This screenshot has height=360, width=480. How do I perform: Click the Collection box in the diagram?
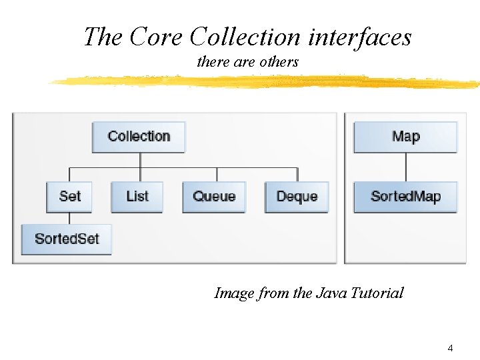coord(139,137)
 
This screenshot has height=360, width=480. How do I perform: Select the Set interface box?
coord(69,197)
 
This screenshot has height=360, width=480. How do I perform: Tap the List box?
coord(137,197)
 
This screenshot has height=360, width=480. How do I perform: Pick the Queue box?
coord(214,197)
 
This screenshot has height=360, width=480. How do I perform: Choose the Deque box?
coord(297,197)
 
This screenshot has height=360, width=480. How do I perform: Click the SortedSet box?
coord(66,239)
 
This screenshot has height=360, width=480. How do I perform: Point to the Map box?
coord(405,137)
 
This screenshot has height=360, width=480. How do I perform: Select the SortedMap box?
coord(405,197)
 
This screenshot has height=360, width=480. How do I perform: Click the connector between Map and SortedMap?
coord(405,167)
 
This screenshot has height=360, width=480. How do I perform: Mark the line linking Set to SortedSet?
coord(69,218)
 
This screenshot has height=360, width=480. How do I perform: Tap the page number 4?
coord(451,348)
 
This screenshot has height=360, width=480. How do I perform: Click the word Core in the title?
coord(157,37)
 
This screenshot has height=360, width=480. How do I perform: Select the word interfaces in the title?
coord(359,37)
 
